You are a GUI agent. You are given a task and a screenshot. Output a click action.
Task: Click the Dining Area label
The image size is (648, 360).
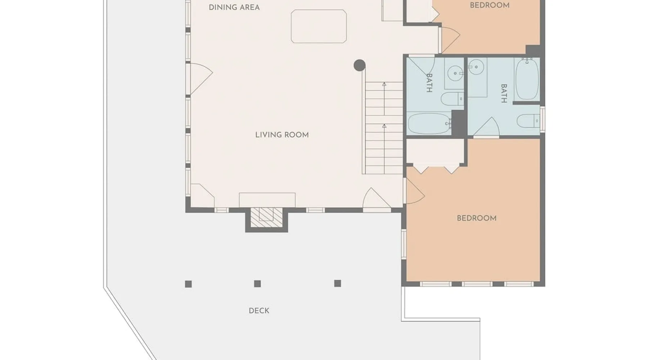[x=234, y=8]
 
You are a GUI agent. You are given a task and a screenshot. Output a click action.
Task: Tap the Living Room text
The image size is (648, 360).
[x=282, y=135]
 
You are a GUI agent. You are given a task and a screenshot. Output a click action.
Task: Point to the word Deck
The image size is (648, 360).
[x=259, y=311]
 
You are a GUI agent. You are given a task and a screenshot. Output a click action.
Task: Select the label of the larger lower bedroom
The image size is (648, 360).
[x=477, y=218]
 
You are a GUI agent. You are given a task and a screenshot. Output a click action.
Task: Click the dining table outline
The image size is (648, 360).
[x=319, y=26]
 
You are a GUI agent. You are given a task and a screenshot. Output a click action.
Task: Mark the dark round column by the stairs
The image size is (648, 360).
[x=360, y=65]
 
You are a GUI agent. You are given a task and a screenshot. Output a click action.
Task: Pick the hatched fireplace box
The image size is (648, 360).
[x=266, y=217]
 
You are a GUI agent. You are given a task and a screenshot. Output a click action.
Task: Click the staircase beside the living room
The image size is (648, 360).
[x=384, y=128]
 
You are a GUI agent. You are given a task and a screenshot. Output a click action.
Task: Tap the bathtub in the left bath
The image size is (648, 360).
[x=429, y=123]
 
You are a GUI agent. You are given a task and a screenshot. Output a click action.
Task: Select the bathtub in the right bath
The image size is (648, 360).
[x=527, y=79]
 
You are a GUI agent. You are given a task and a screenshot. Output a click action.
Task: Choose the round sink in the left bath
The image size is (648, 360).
[x=455, y=73]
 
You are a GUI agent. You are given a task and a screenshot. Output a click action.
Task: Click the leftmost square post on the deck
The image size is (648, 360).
[x=188, y=284]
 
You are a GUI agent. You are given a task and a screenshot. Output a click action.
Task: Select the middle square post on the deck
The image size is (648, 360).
[x=257, y=284]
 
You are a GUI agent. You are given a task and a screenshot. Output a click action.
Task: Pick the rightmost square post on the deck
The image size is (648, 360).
[x=337, y=283]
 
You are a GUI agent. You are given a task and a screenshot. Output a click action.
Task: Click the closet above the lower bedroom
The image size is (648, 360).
[x=436, y=152]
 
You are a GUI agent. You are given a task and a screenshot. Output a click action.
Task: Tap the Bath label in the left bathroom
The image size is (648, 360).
[x=429, y=83]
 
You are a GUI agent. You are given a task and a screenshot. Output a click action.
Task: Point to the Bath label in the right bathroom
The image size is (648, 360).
[x=504, y=93]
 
